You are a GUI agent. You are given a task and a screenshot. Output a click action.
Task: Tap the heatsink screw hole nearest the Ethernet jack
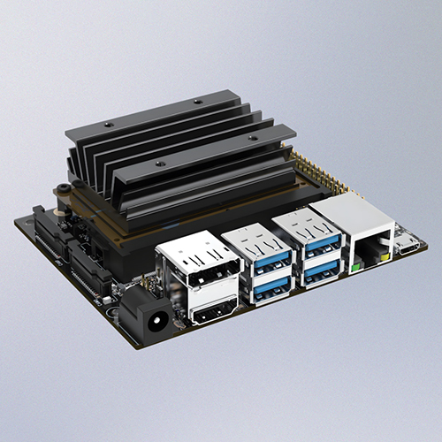253,139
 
